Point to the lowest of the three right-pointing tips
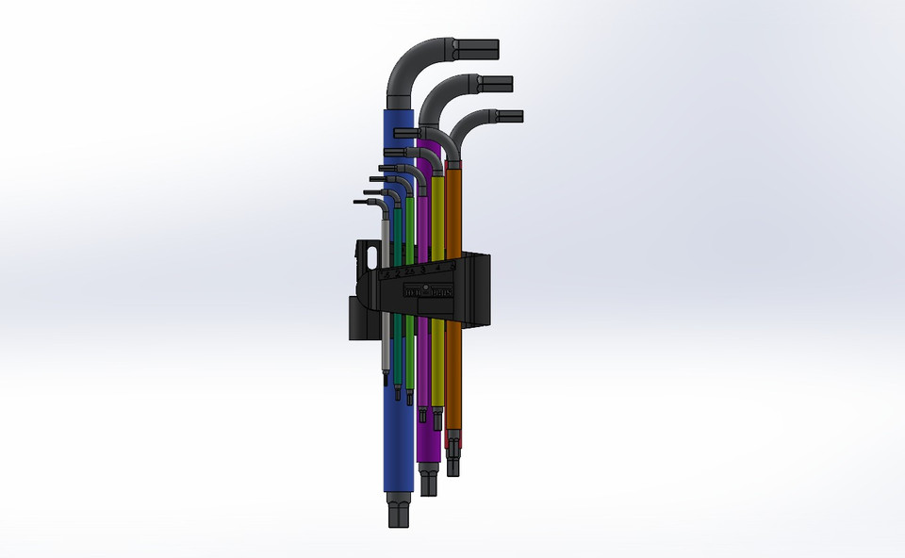click(x=509, y=117)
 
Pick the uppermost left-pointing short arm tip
click(x=404, y=132)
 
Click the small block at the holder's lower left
click(x=356, y=320)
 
